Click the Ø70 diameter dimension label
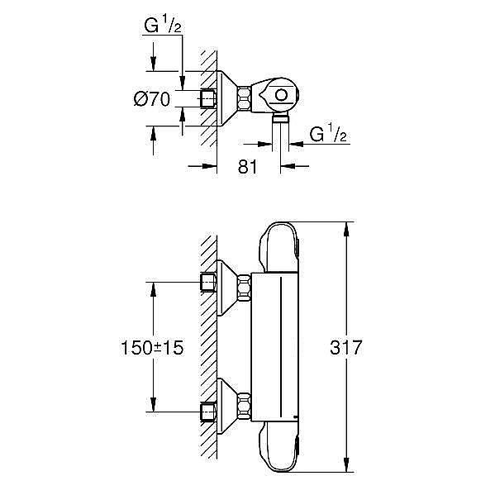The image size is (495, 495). pyautogui.click(x=152, y=99)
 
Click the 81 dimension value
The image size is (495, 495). pyautogui.click(x=248, y=167)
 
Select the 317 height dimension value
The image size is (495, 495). pyautogui.click(x=346, y=347)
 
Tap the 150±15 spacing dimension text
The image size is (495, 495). pyautogui.click(x=152, y=348)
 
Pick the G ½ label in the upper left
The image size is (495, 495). pyautogui.click(x=163, y=25)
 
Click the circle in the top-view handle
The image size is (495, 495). pyautogui.click(x=281, y=95)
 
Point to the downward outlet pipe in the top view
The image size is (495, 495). pyautogui.click(x=281, y=132)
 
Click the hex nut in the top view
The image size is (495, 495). pyautogui.click(x=244, y=99)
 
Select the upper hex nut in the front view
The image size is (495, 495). pyautogui.click(x=244, y=288)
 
